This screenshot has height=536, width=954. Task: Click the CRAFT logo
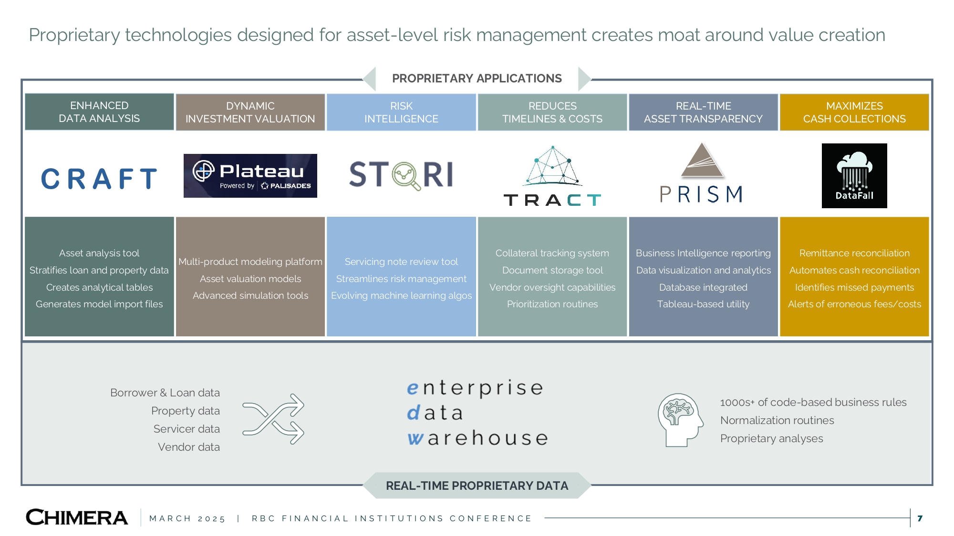tap(99, 179)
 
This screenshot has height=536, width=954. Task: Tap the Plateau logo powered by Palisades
tap(250, 176)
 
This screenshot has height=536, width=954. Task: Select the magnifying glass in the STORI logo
tap(405, 175)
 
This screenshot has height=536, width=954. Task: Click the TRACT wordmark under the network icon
tap(552, 200)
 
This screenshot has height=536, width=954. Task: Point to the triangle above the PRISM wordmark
tap(702, 161)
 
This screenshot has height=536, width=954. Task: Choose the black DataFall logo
tap(854, 176)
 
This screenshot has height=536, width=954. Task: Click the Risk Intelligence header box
tap(401, 112)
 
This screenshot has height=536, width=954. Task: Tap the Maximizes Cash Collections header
tap(854, 112)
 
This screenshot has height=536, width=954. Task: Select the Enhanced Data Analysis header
tap(99, 112)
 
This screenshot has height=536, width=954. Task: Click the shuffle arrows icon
tap(273, 419)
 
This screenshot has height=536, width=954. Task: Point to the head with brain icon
tap(680, 419)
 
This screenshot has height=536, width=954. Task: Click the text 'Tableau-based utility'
tap(703, 304)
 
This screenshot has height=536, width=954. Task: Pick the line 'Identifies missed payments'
tap(854, 287)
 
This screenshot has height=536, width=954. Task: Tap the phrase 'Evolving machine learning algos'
tap(401, 295)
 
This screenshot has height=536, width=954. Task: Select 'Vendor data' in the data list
tap(189, 447)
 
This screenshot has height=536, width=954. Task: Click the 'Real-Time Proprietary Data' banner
tap(477, 485)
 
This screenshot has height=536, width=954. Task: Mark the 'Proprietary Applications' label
tap(477, 78)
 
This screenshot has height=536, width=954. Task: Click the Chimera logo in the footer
tap(77, 517)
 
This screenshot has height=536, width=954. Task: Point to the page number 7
tap(920, 518)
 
